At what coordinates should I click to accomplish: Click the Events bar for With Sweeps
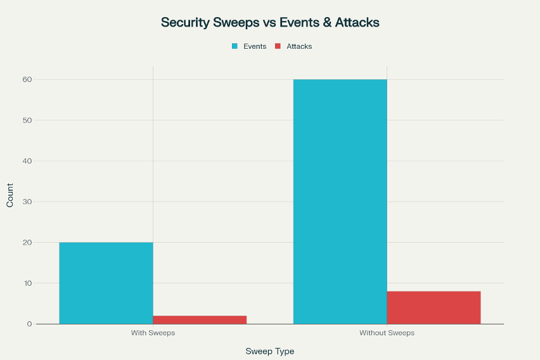tap(106, 283)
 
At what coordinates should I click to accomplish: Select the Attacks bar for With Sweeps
tap(200, 319)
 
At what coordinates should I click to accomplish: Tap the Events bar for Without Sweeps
tap(340, 202)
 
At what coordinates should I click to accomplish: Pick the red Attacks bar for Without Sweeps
tap(434, 307)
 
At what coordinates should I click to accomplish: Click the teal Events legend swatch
tap(235, 46)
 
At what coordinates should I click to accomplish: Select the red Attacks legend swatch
tap(278, 46)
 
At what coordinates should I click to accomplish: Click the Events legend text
tap(255, 46)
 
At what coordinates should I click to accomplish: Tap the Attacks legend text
tap(299, 46)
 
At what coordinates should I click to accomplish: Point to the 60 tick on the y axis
tap(28, 79)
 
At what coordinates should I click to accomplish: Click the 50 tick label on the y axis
tap(28, 120)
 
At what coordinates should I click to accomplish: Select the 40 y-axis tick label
tap(28, 161)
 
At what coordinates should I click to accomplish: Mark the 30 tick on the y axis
tap(28, 202)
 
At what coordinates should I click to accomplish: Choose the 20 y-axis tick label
tap(28, 242)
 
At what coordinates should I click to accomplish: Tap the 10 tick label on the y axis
tap(28, 283)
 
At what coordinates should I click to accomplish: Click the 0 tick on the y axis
tap(30, 324)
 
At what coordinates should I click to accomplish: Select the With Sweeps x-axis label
tap(153, 333)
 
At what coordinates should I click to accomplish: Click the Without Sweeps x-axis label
tap(387, 333)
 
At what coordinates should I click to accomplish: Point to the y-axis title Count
tap(10, 195)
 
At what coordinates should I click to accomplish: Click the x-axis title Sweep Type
tap(270, 351)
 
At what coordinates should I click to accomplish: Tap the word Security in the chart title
tap(184, 22)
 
